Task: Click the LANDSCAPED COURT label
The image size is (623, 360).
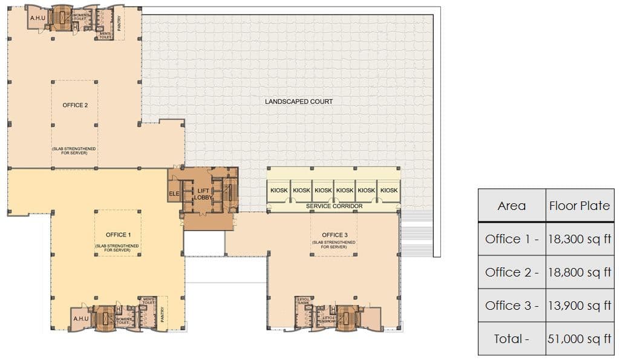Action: [299, 102]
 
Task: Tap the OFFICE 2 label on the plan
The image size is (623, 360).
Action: [75, 105]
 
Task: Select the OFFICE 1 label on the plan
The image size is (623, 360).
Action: [117, 235]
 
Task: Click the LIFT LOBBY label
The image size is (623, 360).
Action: [203, 194]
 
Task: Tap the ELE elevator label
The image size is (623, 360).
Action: [175, 194]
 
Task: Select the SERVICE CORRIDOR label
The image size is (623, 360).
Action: [334, 206]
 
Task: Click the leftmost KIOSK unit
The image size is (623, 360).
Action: [279, 190]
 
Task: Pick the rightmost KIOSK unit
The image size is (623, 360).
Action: [389, 190]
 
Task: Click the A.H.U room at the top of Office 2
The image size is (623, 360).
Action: [35, 18]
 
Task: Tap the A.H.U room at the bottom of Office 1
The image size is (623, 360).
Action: [80, 319]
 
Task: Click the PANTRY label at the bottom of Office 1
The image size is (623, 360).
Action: [162, 315]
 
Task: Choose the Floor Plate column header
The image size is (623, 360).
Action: [579, 206]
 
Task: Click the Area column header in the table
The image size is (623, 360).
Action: [511, 206]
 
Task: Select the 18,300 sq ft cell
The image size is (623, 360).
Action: [579, 239]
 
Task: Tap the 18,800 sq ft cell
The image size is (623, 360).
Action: [579, 272]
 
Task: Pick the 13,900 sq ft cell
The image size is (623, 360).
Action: [579, 306]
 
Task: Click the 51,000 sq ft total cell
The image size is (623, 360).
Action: [579, 339]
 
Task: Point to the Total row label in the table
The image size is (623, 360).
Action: [511, 339]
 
